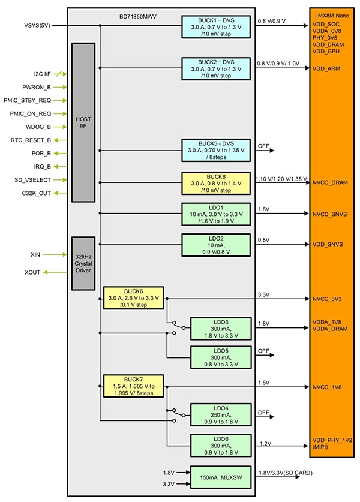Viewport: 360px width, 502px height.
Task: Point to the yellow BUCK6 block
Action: [133, 297]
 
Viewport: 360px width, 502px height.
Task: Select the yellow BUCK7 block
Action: [133, 386]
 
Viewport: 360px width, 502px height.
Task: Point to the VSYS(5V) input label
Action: [37, 26]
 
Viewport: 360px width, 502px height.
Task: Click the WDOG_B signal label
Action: [39, 127]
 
